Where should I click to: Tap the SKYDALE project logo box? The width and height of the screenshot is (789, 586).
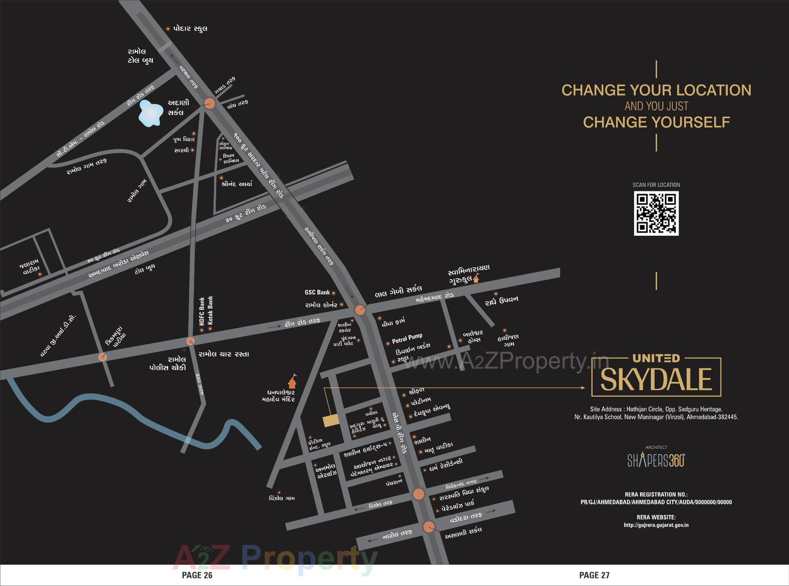click(x=656, y=377)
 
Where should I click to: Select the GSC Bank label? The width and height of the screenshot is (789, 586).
click(x=317, y=292)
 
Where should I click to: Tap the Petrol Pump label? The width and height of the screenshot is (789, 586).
click(x=407, y=338)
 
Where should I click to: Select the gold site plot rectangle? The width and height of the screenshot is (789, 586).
click(x=331, y=421)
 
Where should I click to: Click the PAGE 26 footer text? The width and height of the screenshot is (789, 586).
click(x=197, y=575)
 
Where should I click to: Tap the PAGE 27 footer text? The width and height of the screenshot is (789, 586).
click(x=594, y=575)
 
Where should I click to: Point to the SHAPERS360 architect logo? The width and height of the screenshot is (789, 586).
click(x=656, y=460)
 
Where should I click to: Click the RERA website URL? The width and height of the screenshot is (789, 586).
click(x=656, y=525)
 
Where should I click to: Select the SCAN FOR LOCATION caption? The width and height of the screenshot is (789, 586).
click(x=656, y=185)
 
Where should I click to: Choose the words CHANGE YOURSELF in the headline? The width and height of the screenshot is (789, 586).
click(x=656, y=122)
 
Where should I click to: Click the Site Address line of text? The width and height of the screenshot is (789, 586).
click(x=656, y=409)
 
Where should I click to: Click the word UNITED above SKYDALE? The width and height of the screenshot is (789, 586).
click(x=656, y=358)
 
